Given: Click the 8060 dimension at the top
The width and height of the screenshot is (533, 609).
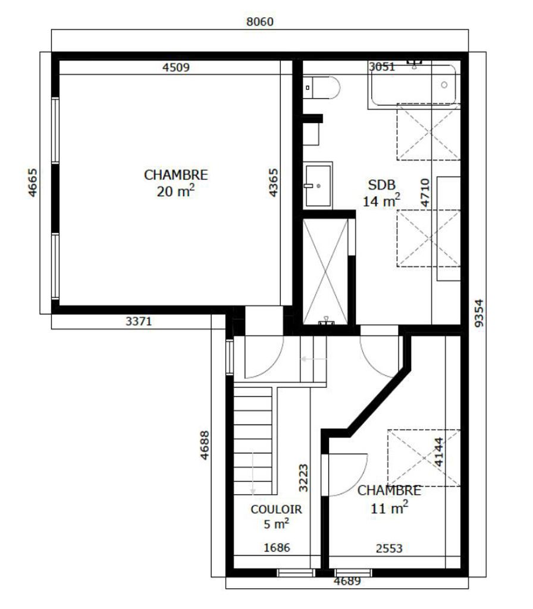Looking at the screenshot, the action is (260, 22).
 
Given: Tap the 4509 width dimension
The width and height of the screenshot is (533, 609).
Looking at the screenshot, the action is (176, 68).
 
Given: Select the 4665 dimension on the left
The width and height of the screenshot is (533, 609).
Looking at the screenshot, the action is (32, 183).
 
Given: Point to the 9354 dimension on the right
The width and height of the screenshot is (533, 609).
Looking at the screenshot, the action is (479, 313).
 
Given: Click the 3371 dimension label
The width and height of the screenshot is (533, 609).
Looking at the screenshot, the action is (139, 321).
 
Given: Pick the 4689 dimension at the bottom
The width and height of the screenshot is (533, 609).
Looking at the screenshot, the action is (347, 581).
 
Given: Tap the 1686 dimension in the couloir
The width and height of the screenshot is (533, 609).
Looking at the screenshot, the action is (277, 548).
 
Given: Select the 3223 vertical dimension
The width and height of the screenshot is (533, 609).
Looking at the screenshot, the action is (303, 478).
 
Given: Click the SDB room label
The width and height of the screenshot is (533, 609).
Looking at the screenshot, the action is (381, 185).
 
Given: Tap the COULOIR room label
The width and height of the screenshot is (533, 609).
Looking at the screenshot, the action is (276, 509).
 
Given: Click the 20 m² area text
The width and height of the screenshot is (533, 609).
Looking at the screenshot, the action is (175, 191).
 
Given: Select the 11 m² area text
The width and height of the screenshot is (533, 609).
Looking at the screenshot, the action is (389, 508).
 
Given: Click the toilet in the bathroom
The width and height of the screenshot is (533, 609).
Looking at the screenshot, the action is (322, 88).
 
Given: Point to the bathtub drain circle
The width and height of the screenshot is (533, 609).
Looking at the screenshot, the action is (444, 85).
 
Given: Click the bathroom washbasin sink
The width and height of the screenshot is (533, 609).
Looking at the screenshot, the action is (318, 186).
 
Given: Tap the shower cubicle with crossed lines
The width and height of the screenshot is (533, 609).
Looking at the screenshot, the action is (325, 271).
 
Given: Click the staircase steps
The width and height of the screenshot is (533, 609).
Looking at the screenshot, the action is (252, 441).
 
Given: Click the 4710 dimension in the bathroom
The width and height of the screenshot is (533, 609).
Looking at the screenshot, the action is (425, 193).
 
